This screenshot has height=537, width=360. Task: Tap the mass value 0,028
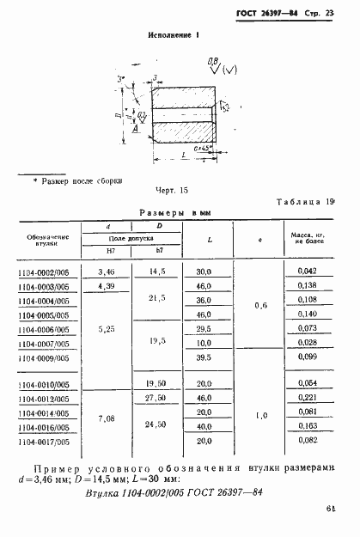pos(305,342)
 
